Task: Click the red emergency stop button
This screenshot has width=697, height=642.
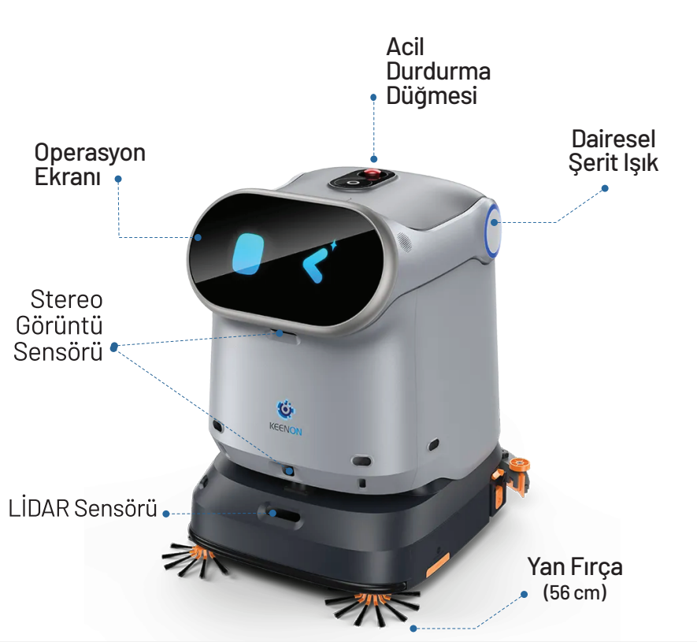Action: coord(372,173)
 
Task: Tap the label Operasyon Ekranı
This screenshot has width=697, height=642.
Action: coord(90,165)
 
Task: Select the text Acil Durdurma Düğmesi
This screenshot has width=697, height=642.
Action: coord(438,71)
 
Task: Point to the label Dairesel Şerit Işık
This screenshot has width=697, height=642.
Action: coord(614,150)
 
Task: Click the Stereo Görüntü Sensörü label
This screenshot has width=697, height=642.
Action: coord(59,325)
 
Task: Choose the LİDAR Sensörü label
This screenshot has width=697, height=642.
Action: coord(83,508)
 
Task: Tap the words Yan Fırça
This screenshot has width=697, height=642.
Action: coord(575,567)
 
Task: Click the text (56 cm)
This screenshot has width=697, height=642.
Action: coord(574,592)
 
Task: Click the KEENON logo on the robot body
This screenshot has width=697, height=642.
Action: coord(285,417)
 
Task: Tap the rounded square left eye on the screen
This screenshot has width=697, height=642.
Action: coord(248,254)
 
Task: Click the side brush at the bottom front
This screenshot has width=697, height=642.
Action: coord(373,606)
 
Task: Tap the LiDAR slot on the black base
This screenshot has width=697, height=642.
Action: coord(280,514)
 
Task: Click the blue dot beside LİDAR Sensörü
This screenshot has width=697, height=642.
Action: coord(166,514)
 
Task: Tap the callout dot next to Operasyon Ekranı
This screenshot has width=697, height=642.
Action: coord(118,179)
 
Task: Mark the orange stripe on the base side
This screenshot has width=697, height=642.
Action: coord(437,565)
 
